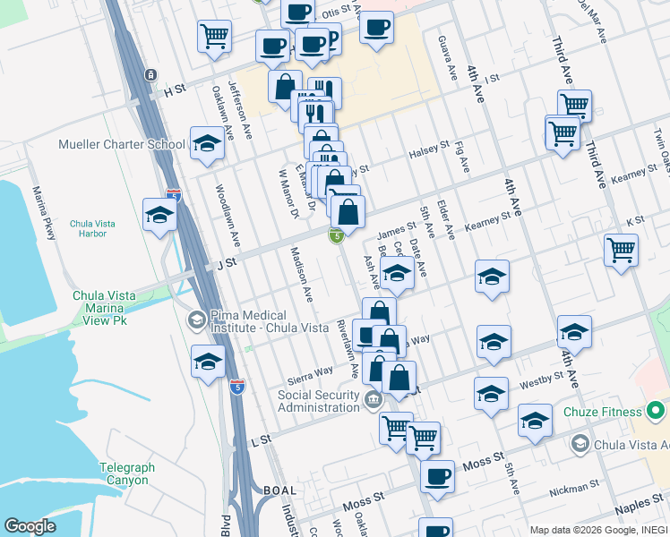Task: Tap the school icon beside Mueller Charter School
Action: [x=207, y=143]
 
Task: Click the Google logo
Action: [x=30, y=526]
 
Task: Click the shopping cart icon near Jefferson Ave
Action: [x=215, y=37]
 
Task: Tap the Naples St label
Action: [x=639, y=507]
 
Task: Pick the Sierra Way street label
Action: [x=311, y=371]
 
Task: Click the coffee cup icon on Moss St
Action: [x=437, y=476]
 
